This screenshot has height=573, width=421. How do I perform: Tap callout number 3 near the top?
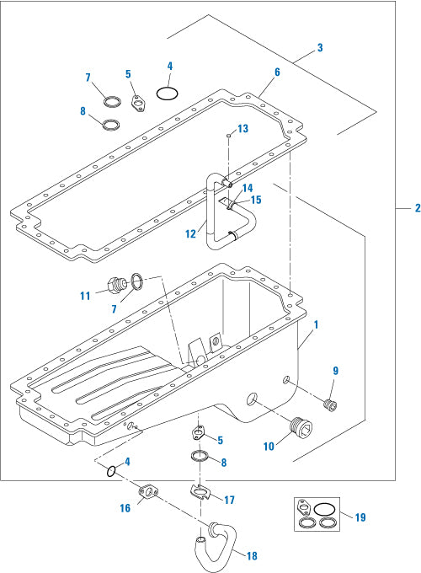[319, 49]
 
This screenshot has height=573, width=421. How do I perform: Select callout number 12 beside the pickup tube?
[191, 233]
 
